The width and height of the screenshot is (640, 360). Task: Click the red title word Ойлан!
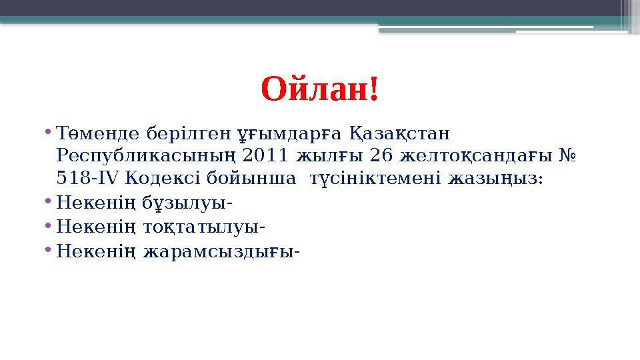point(320,89)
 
